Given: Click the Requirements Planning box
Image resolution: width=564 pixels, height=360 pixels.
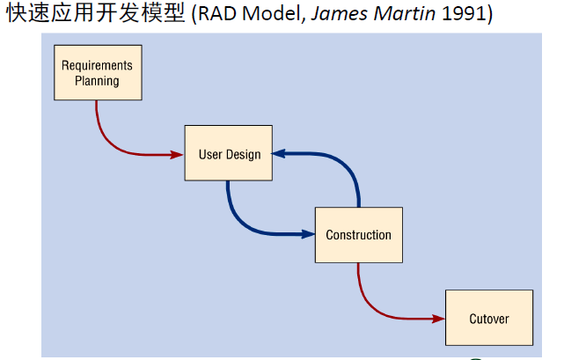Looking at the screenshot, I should tap(98, 73).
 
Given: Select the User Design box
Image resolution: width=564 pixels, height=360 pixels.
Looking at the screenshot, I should tap(228, 153).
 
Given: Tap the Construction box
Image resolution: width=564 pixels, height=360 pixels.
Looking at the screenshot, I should tap(358, 234).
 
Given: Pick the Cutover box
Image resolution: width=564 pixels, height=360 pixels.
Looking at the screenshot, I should tap(488, 318).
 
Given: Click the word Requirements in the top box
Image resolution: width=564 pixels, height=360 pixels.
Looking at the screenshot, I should tap(98, 65).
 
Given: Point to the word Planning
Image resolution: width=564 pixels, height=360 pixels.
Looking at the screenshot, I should tap(98, 81).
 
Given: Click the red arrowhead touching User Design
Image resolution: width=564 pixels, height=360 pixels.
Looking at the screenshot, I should tap(177, 154).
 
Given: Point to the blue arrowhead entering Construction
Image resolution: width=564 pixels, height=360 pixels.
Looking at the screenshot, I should tap(308, 233).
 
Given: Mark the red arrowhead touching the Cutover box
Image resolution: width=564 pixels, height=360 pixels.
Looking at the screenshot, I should tap(438, 317).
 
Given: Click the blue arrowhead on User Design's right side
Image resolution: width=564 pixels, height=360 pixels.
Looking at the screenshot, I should tap(279, 153).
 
